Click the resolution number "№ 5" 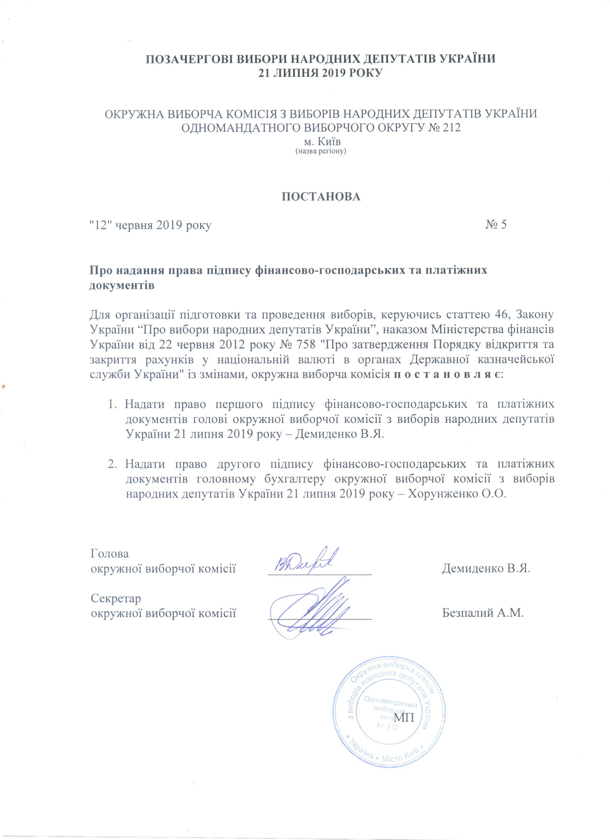(x=496, y=224)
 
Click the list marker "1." (x=112, y=404)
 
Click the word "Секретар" (x=116, y=598)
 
